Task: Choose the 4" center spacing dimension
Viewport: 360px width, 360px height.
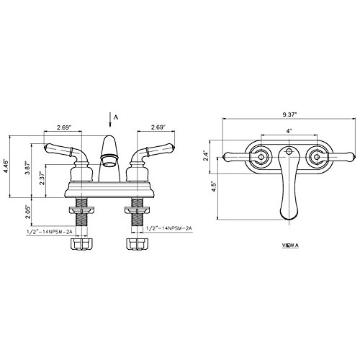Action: pyautogui.click(x=288, y=130)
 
